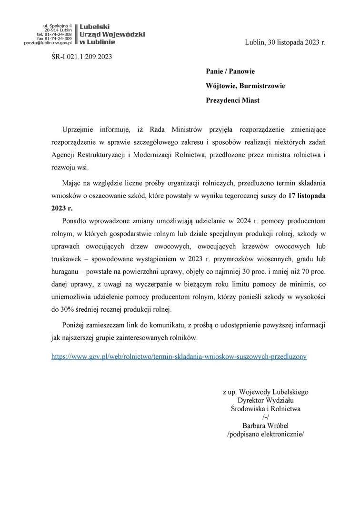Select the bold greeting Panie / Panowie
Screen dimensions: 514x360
click(230, 71)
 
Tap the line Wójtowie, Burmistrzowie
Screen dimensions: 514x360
click(245, 86)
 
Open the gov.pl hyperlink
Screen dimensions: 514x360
click(179, 356)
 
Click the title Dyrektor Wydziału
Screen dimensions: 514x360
click(266, 400)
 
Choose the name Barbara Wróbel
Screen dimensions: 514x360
click(266, 425)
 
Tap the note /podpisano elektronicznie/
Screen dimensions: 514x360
click(266, 434)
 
